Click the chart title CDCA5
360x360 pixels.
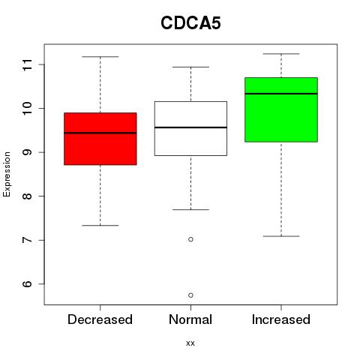click(190, 23)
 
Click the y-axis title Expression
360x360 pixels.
click(7, 174)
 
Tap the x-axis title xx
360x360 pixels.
click(190, 343)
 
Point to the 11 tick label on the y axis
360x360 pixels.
click(27, 64)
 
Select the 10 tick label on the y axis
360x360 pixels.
click(27, 109)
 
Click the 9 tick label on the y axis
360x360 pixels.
click(27, 152)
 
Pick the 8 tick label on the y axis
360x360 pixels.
click(27, 196)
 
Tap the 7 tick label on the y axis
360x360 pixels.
click(27, 240)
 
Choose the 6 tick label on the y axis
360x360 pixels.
click(27, 284)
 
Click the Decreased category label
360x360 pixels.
click(100, 319)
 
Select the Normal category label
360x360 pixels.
click(190, 319)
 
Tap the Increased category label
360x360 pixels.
click(281, 319)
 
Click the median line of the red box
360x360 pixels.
click(100, 133)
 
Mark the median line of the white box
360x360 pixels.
click(190, 127)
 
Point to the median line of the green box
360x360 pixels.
click(281, 94)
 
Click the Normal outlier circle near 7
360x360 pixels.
click(190, 239)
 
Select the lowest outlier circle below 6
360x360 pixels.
click(190, 295)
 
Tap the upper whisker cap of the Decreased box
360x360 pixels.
click(100, 57)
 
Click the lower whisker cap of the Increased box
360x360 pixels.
click(281, 236)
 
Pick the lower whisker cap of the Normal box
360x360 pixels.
click(190, 209)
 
